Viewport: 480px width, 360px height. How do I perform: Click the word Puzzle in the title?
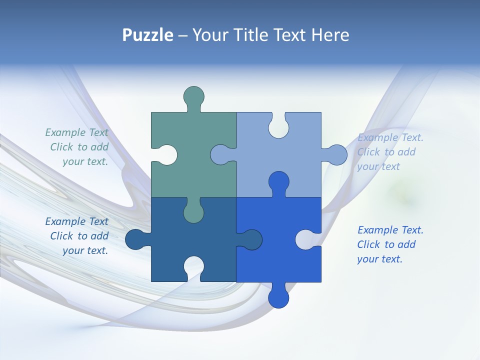[148, 35]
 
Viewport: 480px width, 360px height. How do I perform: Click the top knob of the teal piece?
[194, 96]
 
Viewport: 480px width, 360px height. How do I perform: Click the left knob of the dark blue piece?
[135, 239]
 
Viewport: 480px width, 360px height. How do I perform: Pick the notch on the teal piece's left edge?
[168, 154]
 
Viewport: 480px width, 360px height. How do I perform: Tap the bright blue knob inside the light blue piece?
[278, 182]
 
